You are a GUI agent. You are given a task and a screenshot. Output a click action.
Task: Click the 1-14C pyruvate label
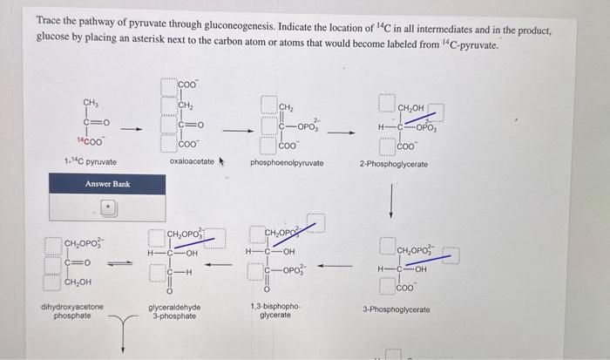pyautogui.click(x=90, y=162)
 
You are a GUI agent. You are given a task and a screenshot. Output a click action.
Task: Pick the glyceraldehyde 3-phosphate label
pyautogui.click(x=174, y=311)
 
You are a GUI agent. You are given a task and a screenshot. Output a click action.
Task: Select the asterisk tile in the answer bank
pyautogui.click(x=108, y=208)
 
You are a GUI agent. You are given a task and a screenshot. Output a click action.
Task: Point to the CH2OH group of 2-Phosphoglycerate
pyautogui.click(x=412, y=109)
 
